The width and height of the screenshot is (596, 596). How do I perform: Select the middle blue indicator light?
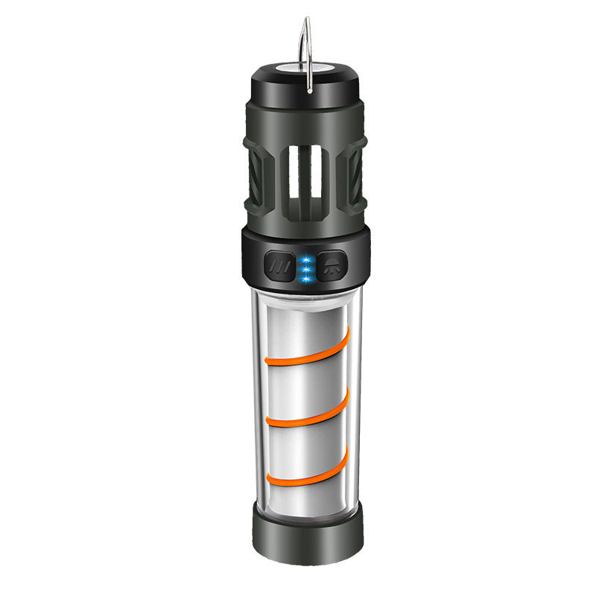coord(305,268)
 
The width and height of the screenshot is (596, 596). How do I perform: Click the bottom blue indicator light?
coord(305,279)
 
